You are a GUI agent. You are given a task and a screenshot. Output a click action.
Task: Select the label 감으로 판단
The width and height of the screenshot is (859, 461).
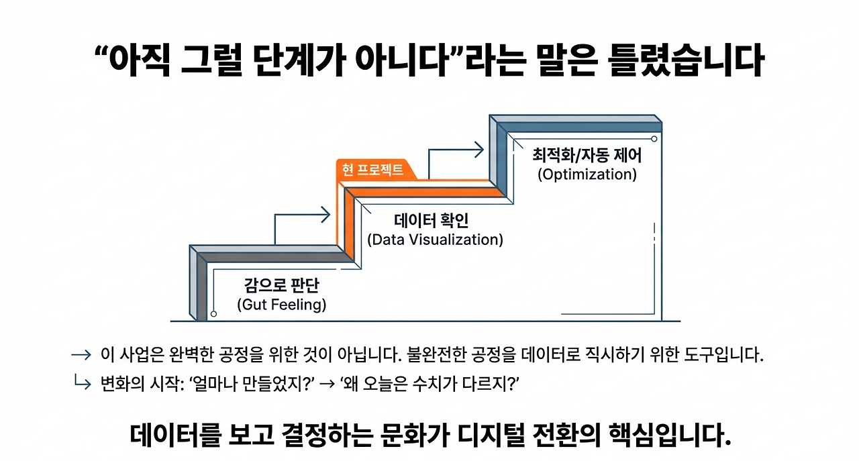pos(281,286)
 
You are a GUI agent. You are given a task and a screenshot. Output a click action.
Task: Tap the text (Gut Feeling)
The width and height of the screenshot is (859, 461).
pos(281,305)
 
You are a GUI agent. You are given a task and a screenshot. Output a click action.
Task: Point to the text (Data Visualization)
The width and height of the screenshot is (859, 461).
pos(435,240)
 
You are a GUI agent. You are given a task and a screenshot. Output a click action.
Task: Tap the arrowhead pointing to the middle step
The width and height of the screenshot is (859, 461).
pos(325,215)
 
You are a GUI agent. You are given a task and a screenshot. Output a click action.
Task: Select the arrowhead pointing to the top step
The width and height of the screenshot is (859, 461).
pos(478,150)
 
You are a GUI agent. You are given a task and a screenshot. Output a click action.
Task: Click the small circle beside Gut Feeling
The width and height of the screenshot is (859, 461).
pos(213,313)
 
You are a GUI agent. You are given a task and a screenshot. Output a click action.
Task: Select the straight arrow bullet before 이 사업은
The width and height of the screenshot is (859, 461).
pos(81,355)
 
